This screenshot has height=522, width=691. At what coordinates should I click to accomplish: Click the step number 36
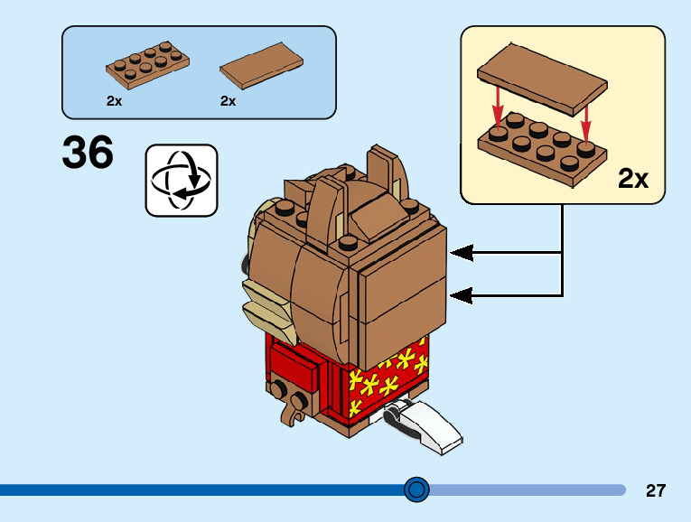[x=88, y=153]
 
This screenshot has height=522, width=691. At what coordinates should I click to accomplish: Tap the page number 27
[x=656, y=490]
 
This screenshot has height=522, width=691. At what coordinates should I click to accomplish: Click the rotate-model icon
[x=182, y=180]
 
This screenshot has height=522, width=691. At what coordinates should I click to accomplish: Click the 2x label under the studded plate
[x=114, y=101]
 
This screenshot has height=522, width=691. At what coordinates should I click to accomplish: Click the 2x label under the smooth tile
[x=228, y=101]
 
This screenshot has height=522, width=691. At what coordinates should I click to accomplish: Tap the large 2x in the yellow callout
[x=633, y=179]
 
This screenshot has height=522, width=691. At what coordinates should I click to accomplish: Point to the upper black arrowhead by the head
[x=462, y=253]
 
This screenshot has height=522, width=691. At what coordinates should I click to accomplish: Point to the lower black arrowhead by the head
[x=462, y=294]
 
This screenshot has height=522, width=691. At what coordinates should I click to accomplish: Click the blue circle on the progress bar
[x=416, y=489]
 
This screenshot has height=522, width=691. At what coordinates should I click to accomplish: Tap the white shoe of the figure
[x=426, y=426]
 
